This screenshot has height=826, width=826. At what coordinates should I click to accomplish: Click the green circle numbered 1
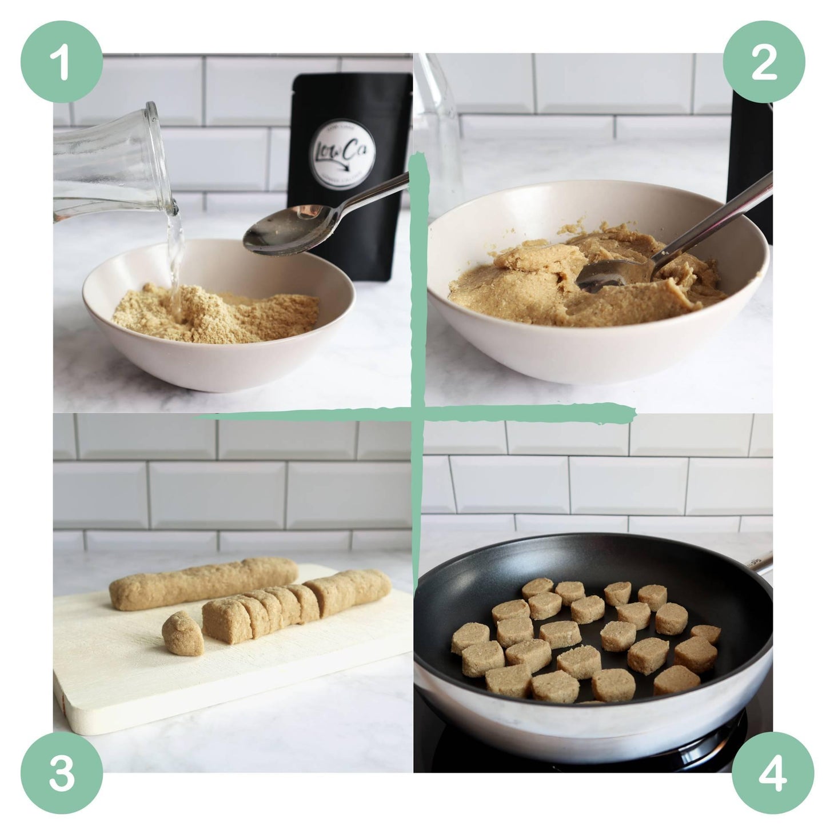pos(62,62)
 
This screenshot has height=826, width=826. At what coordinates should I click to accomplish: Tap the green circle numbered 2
pos(764,62)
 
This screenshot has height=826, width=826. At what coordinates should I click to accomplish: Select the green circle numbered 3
pos(62,764)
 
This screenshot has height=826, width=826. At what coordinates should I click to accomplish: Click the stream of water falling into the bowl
pos(175,257)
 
